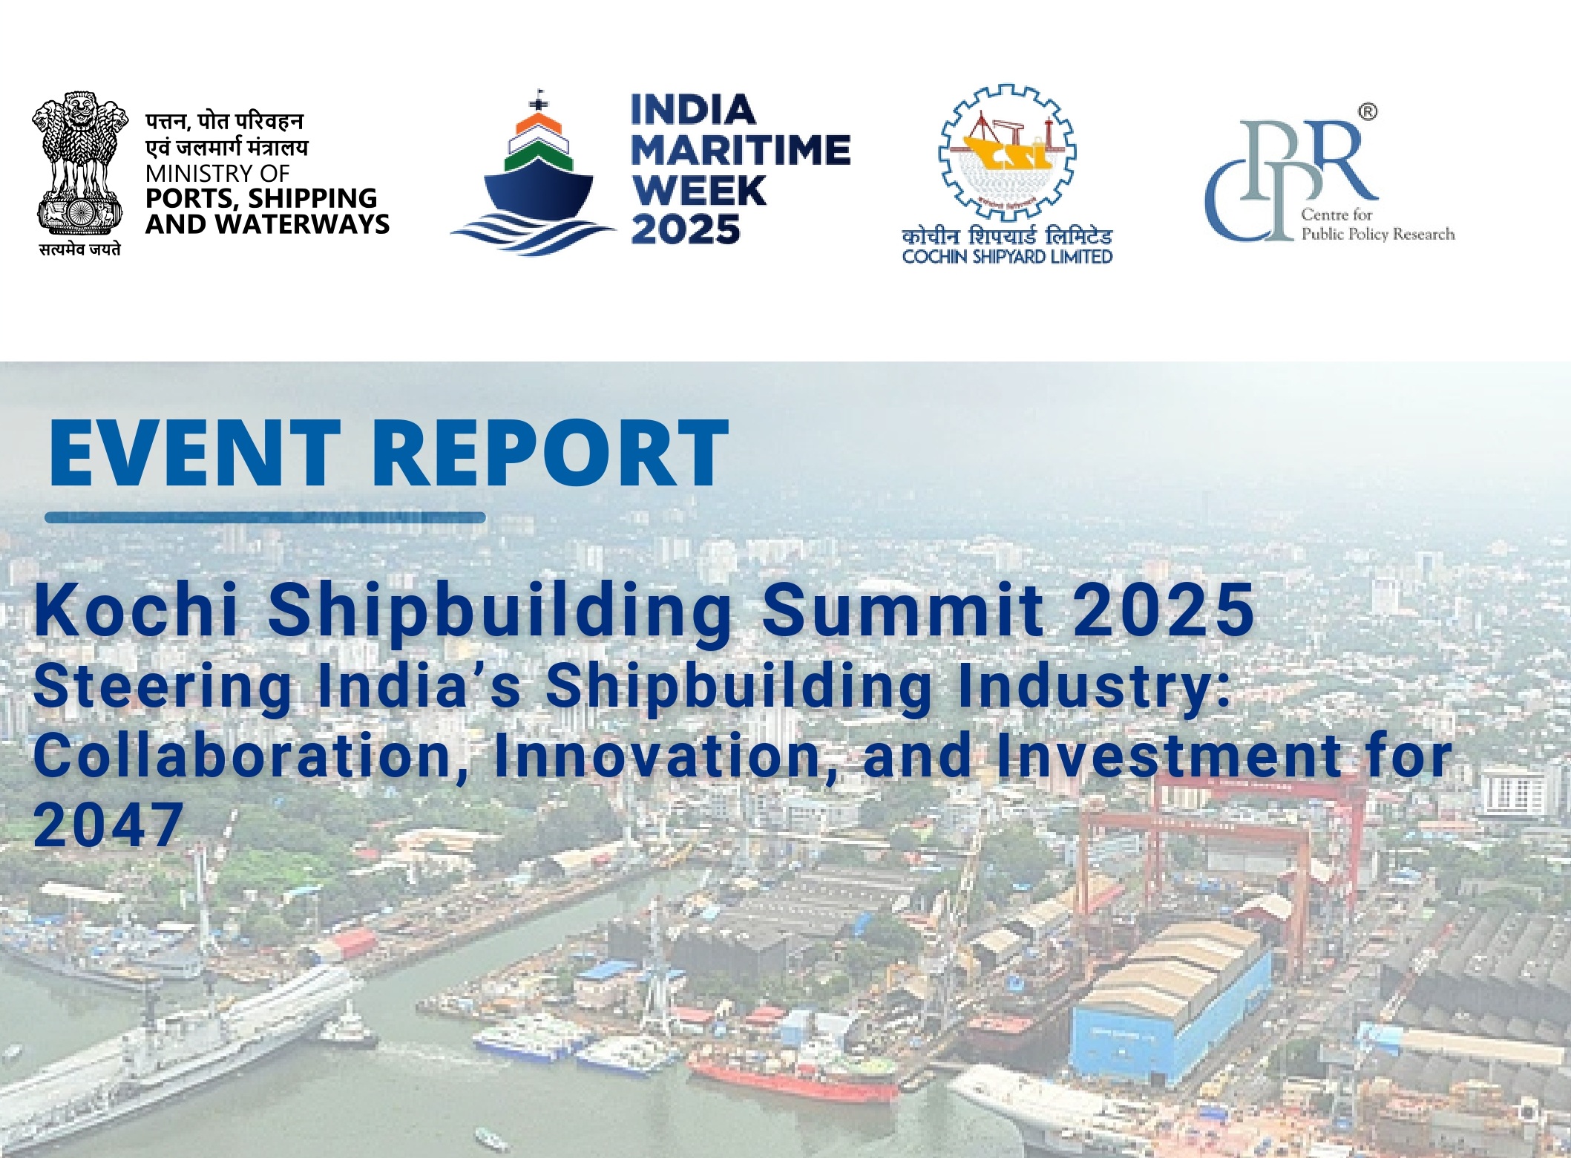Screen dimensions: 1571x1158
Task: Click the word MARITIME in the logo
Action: (x=741, y=151)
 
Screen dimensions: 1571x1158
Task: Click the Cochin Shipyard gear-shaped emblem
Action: (x=1007, y=152)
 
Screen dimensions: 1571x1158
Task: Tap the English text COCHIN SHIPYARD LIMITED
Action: (x=1007, y=257)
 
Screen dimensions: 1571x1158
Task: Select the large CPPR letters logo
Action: (x=1291, y=180)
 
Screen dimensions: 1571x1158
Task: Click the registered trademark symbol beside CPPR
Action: (x=1368, y=112)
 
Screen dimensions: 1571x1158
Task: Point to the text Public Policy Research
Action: (x=1377, y=234)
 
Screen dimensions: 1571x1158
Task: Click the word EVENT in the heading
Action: (x=194, y=452)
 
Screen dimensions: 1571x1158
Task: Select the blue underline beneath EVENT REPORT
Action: (x=265, y=517)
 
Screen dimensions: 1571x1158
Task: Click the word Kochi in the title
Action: (x=136, y=609)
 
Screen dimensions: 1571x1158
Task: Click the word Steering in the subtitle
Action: (x=163, y=688)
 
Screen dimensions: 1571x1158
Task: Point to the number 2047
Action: (x=108, y=825)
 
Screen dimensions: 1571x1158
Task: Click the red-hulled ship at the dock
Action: (x=793, y=1079)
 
